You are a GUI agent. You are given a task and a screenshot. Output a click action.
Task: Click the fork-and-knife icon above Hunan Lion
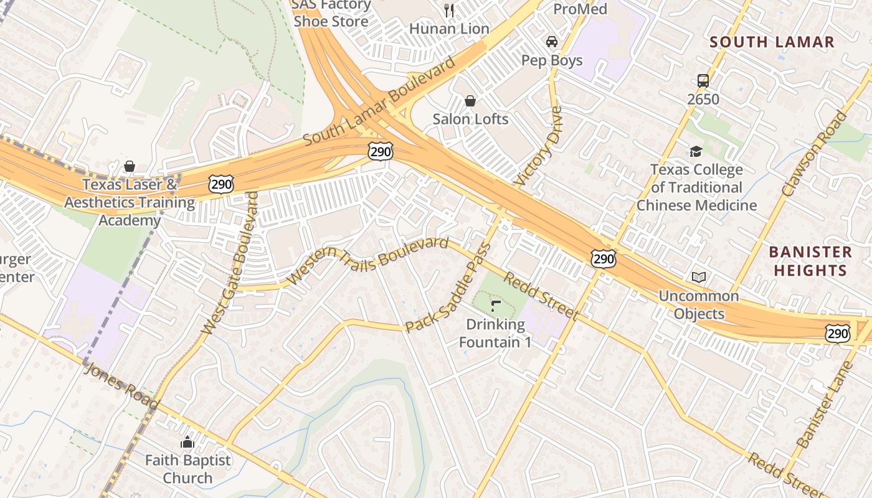(449, 10)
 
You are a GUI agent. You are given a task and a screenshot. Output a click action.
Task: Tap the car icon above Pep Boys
(551, 42)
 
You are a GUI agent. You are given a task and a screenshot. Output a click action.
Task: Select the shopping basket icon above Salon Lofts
(470, 100)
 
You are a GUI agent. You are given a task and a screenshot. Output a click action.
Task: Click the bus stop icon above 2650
(703, 81)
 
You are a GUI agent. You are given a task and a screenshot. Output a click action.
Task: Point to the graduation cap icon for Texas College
(696, 151)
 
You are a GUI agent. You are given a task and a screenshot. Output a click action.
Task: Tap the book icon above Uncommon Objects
(699, 277)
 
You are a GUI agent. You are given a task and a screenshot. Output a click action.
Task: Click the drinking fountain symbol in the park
(496, 306)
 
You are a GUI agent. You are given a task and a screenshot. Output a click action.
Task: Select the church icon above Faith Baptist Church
(187, 443)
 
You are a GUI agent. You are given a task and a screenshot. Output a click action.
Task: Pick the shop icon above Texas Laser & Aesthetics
(130, 166)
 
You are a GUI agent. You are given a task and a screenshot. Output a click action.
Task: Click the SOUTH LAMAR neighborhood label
(772, 42)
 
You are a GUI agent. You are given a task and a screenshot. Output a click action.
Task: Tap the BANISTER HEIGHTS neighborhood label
(810, 261)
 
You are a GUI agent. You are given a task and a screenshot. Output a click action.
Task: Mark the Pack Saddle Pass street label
(448, 288)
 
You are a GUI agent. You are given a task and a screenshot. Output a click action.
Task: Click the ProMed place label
(580, 9)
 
